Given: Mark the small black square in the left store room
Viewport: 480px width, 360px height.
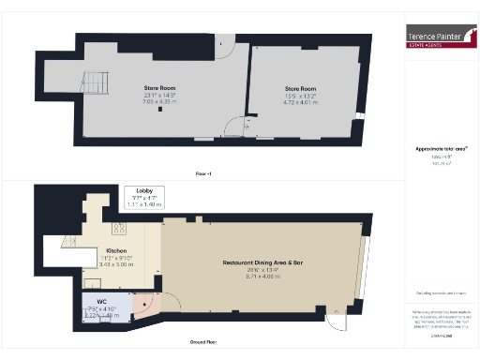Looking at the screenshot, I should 161,109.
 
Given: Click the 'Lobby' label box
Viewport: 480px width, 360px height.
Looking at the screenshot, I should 144,197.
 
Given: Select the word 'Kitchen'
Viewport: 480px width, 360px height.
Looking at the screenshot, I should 117,250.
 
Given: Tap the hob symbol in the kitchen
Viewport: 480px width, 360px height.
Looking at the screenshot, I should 121,228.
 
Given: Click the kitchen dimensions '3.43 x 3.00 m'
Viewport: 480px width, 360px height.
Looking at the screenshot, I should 117,265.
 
